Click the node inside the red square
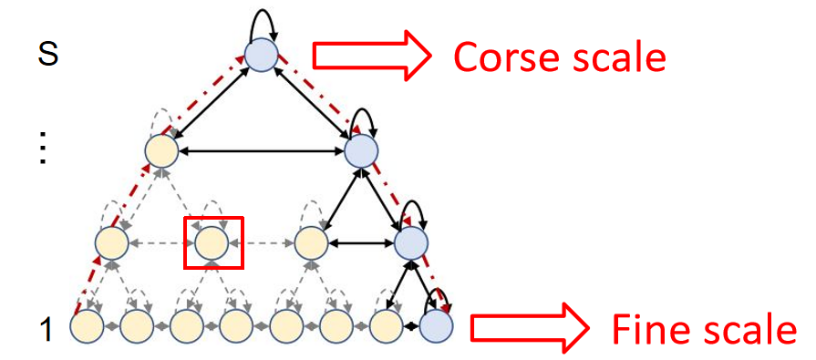pos(212,242)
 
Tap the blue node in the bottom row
pos(438,325)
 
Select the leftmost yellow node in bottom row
pos(86,325)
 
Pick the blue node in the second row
pos(362,149)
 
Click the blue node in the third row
pos(410,242)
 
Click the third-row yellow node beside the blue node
pos(311,242)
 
